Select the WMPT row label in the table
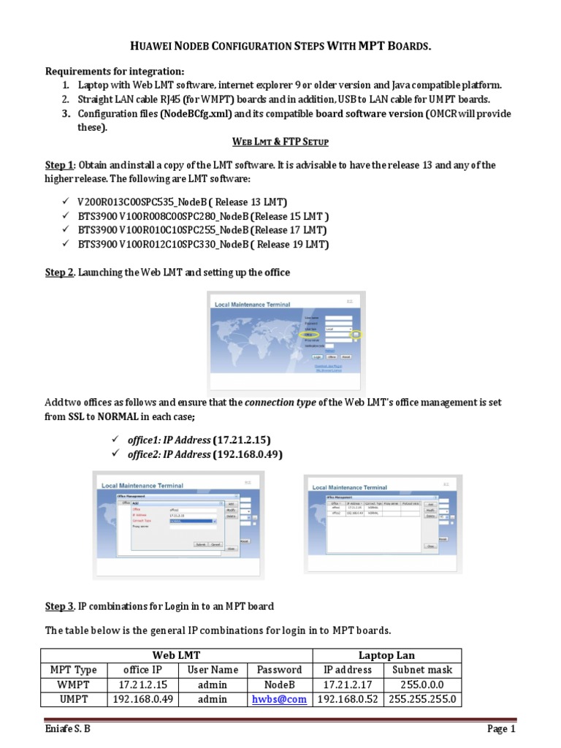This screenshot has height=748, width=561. tap(73, 684)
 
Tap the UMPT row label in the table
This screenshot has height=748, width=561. tap(73, 699)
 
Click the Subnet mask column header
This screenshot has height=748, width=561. tap(422, 669)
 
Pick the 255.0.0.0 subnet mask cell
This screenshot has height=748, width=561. tap(422, 684)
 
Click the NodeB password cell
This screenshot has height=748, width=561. tap(279, 684)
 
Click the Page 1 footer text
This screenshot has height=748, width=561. tap(502, 729)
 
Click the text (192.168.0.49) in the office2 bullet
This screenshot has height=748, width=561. tap(248, 454)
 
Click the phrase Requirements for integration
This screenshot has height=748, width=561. tap(115, 71)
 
